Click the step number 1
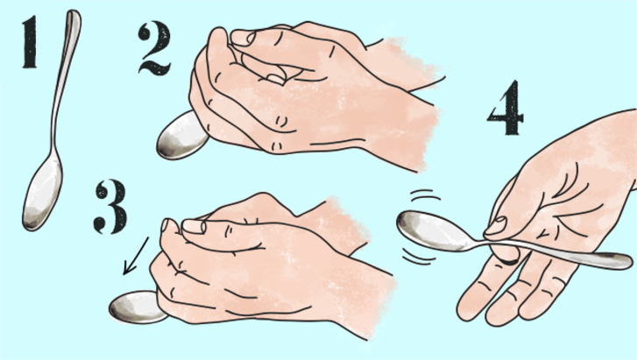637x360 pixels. point(30,42)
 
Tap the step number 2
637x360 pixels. point(154,48)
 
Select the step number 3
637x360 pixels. point(110,207)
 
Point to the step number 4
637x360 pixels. point(506,108)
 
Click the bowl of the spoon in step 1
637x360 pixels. point(42,193)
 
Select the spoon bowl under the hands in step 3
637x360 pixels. point(136,307)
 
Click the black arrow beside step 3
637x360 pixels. point(136,256)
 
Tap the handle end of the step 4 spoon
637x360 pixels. point(624,261)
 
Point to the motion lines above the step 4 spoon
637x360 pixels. point(425,195)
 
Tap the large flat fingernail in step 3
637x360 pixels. point(194,227)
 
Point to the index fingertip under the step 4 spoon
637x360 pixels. point(506,254)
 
